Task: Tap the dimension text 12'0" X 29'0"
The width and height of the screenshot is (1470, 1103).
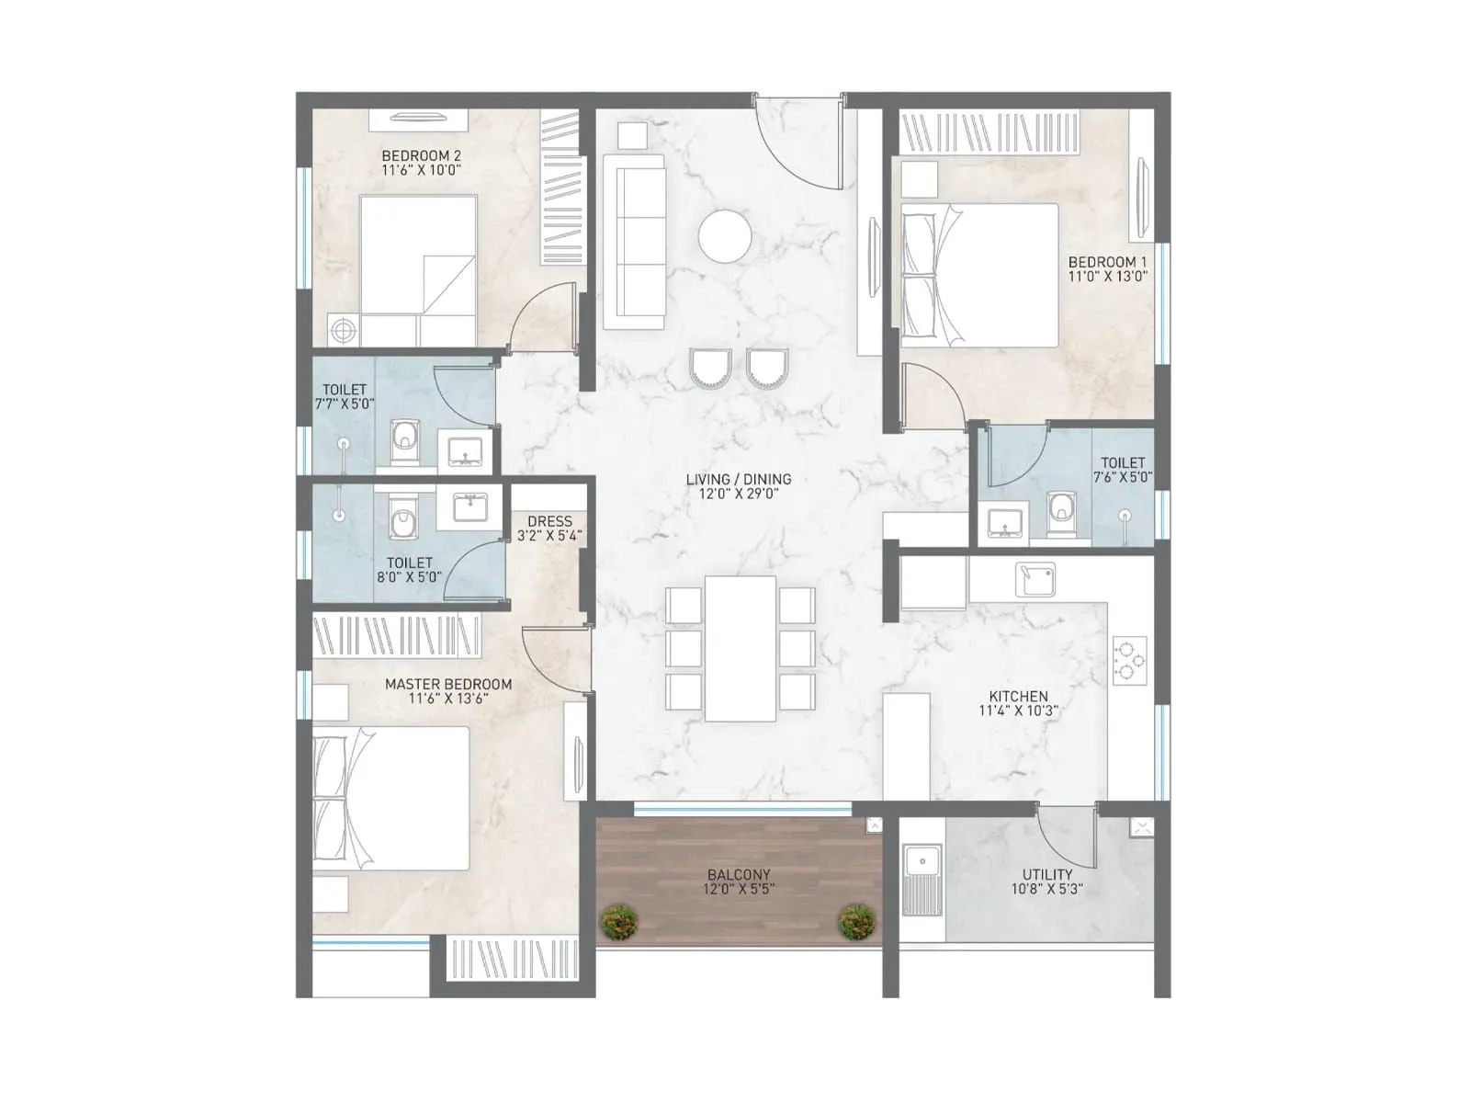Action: pyautogui.click(x=738, y=494)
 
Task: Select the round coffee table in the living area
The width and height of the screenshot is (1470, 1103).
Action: pyautogui.click(x=725, y=237)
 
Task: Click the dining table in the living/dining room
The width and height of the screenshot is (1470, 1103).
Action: pyautogui.click(x=741, y=649)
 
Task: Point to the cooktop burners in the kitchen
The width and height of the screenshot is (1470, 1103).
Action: pyautogui.click(x=1129, y=661)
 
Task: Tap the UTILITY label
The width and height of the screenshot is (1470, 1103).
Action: pyautogui.click(x=1047, y=874)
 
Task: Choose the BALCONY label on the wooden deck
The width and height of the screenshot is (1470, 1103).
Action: pyautogui.click(x=739, y=875)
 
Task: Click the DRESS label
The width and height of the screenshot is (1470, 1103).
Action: pyautogui.click(x=549, y=521)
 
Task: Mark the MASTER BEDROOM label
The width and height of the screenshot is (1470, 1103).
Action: pyautogui.click(x=448, y=684)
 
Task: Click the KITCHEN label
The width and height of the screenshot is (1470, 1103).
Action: pyautogui.click(x=1018, y=696)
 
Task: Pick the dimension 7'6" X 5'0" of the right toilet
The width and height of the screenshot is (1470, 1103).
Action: pyautogui.click(x=1123, y=477)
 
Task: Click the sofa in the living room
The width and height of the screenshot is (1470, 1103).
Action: pyautogui.click(x=634, y=241)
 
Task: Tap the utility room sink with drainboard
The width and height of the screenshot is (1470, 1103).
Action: pyautogui.click(x=921, y=880)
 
